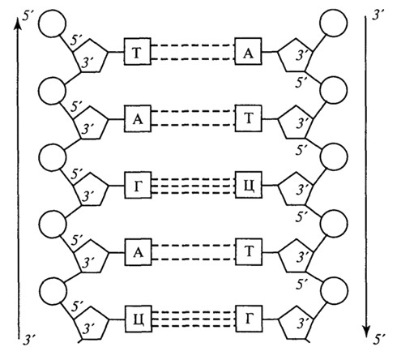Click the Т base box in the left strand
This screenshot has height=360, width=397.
pyautogui.click(x=137, y=52)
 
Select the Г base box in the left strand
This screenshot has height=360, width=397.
pyautogui.click(x=138, y=185)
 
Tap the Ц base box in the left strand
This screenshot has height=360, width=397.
pyautogui.click(x=139, y=319)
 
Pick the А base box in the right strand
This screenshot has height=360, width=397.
pyautogui.click(x=248, y=51)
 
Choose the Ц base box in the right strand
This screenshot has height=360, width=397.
pyautogui.click(x=249, y=185)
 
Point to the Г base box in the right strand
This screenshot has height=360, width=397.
pyautogui.click(x=249, y=319)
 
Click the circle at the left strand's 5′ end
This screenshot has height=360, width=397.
pyautogui.click(x=53, y=24)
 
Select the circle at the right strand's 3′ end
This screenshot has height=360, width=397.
pyautogui.click(x=333, y=23)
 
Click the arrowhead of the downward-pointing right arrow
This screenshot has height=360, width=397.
pyautogui.click(x=366, y=332)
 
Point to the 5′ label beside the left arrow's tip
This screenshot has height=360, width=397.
pyautogui.click(x=28, y=16)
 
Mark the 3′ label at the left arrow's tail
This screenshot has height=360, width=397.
pyautogui.click(x=29, y=341)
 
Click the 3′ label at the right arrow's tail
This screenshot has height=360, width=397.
pyautogui.click(x=378, y=15)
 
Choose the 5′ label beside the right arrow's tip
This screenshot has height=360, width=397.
pyautogui.click(x=379, y=340)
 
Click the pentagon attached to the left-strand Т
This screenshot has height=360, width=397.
pyautogui.click(x=90, y=55)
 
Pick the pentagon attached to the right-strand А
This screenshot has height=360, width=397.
pyautogui.click(x=296, y=55)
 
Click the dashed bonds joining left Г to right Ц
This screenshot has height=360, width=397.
pyautogui.click(x=193, y=186)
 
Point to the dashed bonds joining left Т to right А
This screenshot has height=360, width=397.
pyautogui.click(x=193, y=52)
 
